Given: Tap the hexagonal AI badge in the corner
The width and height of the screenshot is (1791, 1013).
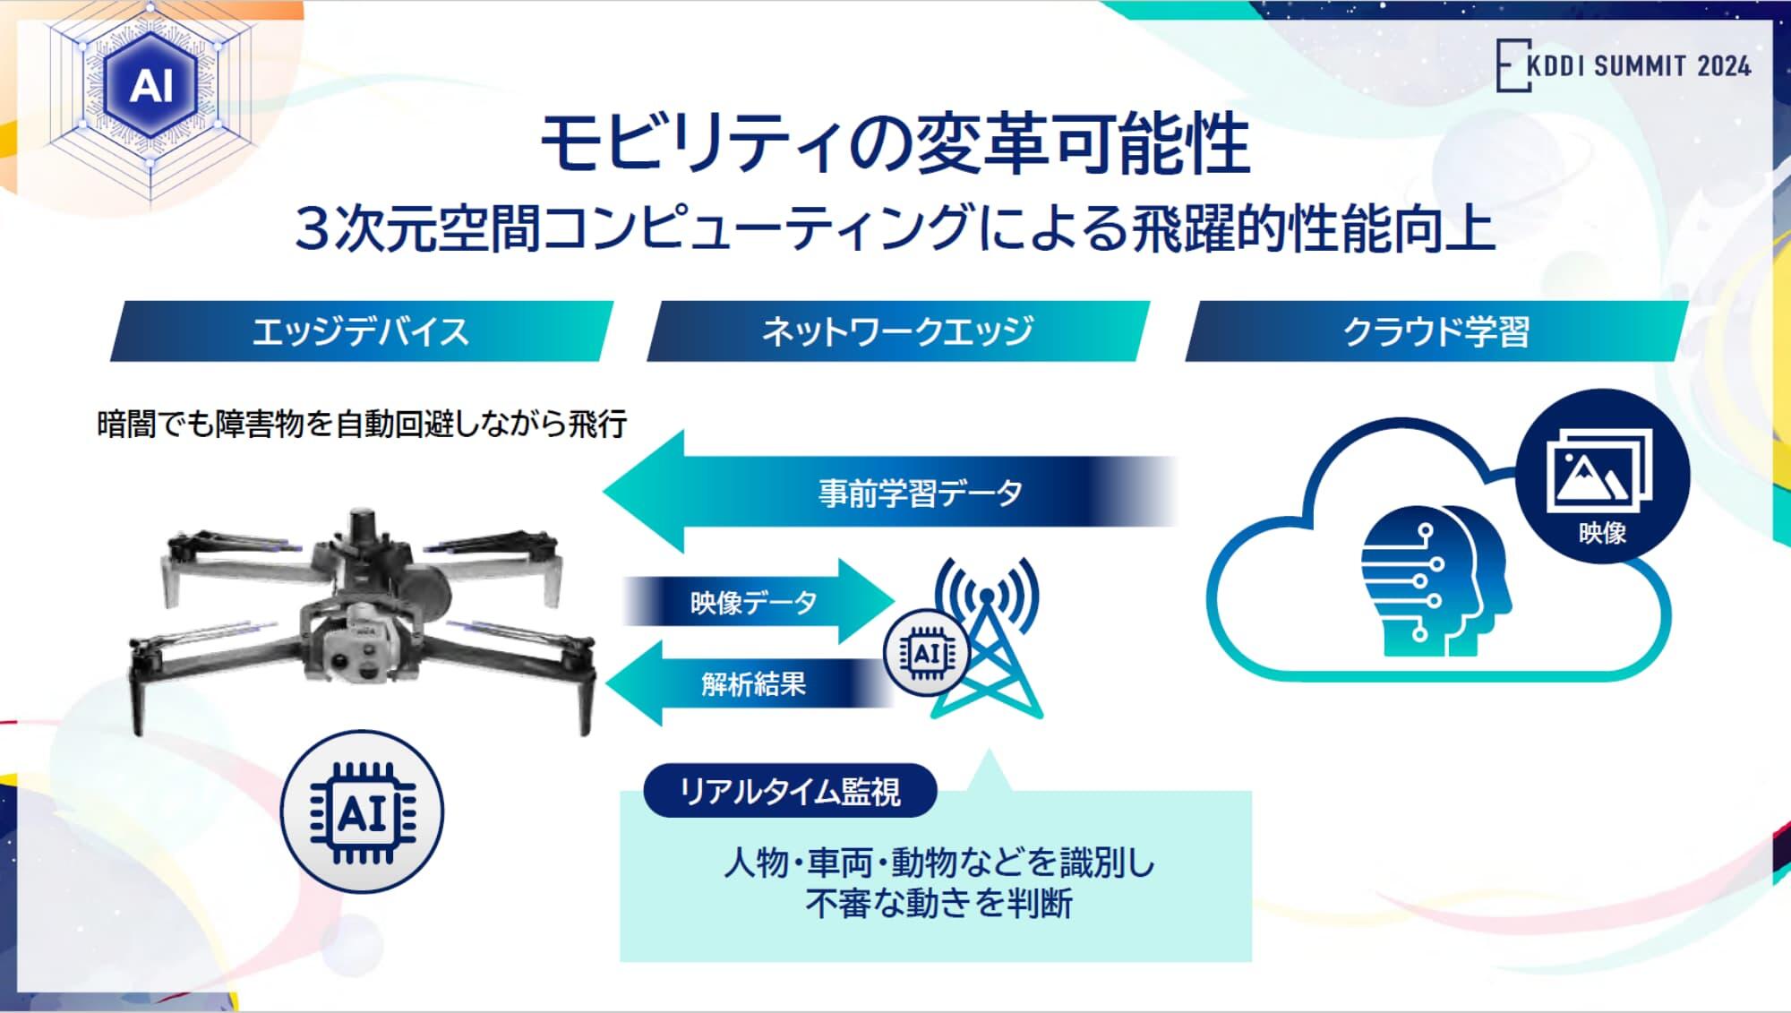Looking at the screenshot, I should tap(150, 86).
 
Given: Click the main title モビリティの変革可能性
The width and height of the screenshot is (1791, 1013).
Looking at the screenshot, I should tap(895, 144).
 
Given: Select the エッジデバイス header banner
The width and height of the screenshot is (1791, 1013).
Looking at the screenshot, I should tap(361, 331).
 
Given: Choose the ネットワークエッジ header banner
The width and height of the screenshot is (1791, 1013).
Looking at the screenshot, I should tap(897, 331).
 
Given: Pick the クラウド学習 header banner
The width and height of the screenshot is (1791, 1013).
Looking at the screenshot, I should tap(1435, 331).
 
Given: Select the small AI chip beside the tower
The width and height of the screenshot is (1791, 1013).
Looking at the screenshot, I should tap(926, 654).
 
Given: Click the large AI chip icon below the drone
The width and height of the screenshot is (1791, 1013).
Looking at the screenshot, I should tap(362, 812).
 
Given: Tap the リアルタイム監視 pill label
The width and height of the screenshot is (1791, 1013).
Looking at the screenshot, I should tap(790, 791).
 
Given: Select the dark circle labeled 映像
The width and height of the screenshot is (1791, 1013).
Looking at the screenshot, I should tap(1602, 476).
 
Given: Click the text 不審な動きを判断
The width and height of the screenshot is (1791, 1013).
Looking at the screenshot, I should tap(938, 903).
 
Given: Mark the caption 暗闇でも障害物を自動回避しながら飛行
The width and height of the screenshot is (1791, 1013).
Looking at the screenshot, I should tap(362, 424).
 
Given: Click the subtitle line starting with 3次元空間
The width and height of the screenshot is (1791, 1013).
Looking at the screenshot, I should tap(895, 228).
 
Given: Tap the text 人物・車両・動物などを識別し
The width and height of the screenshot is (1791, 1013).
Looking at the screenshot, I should tap(938, 863).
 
